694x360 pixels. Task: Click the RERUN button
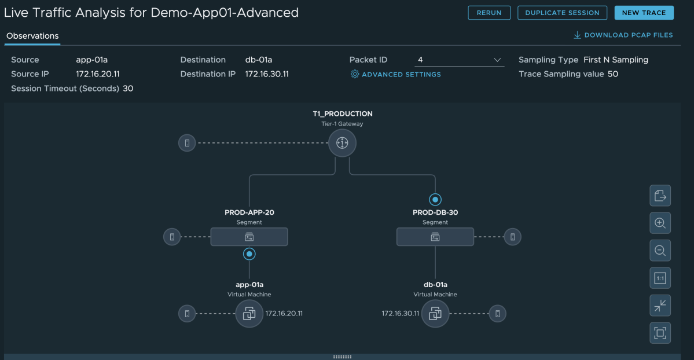tap(489, 13)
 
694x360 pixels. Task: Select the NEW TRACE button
tap(644, 13)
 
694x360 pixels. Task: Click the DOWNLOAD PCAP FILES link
tap(623, 35)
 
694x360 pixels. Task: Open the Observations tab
tap(32, 36)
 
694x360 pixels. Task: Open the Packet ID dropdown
tap(459, 60)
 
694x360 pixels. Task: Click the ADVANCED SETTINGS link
tap(396, 75)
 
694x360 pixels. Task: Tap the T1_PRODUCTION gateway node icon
tap(342, 143)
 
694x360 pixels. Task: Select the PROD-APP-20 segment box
tap(249, 237)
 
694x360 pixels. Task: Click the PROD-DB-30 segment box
tap(435, 237)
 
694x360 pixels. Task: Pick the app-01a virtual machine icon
tap(249, 314)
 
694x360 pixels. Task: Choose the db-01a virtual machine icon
tap(435, 314)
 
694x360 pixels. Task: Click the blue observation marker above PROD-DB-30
tap(435, 200)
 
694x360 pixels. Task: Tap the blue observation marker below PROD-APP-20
tap(249, 254)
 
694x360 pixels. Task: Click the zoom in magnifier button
tap(660, 223)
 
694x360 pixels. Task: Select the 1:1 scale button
tap(660, 278)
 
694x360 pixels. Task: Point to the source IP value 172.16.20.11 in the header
tap(98, 74)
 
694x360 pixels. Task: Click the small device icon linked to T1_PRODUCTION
tap(187, 143)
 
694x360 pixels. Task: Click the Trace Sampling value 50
tap(612, 74)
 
